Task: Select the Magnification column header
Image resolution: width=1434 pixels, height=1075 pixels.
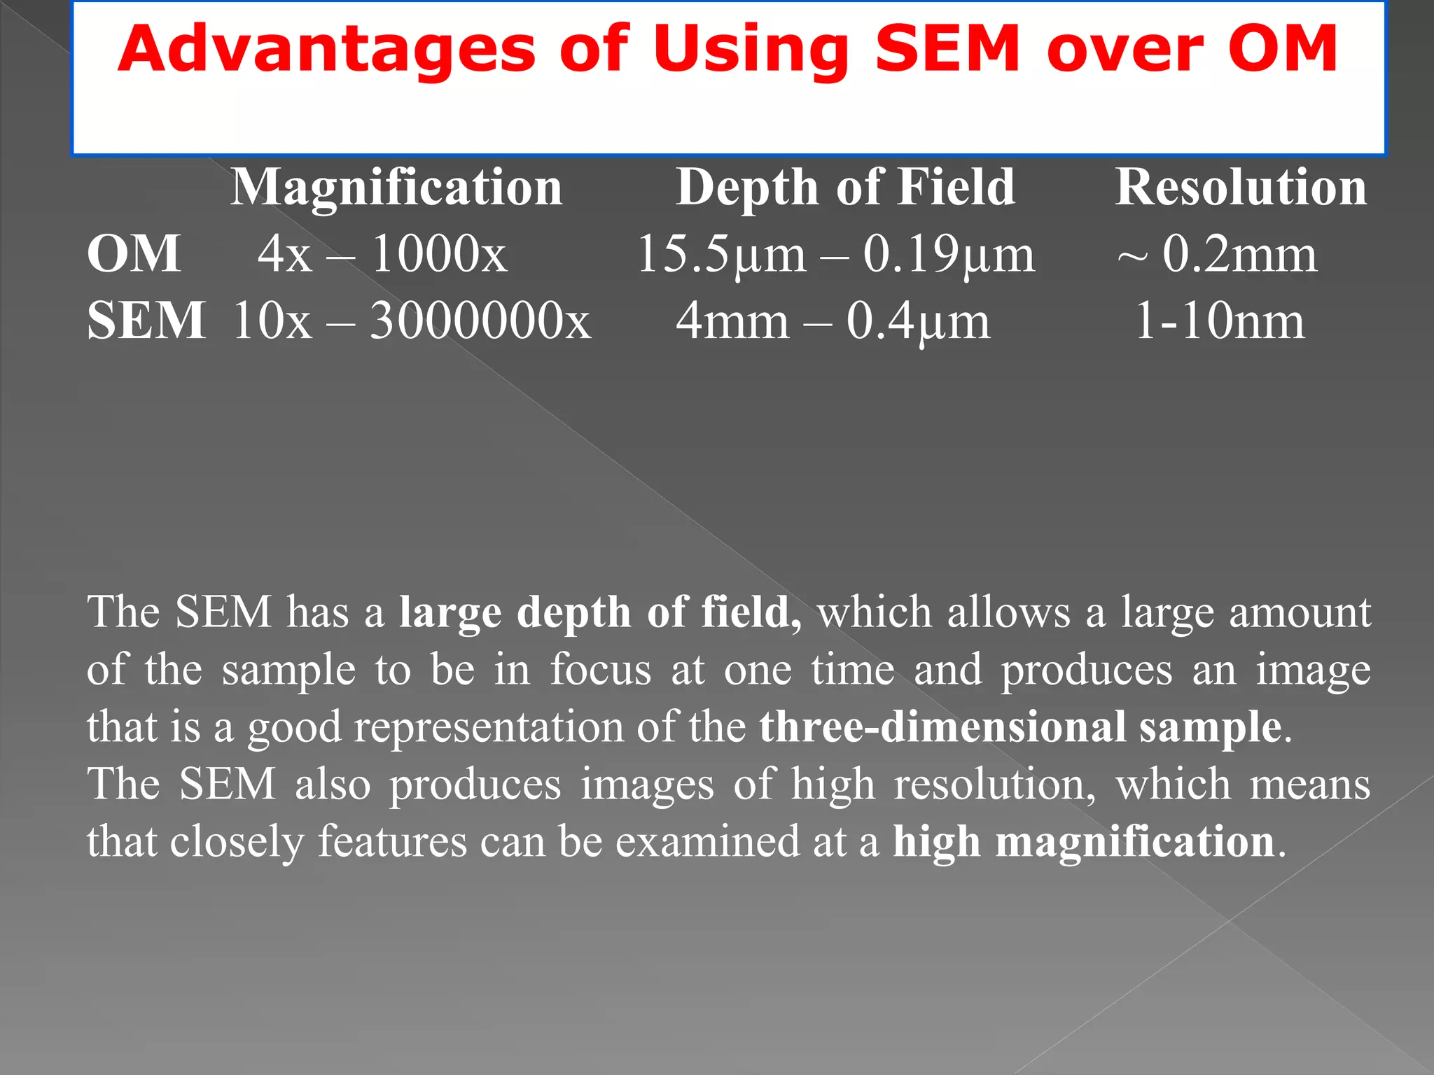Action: (x=396, y=188)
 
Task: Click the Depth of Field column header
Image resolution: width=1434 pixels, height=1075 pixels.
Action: (x=845, y=188)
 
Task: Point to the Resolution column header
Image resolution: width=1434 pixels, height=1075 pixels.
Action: (x=1241, y=188)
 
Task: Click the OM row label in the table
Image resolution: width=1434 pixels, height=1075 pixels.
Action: (x=134, y=253)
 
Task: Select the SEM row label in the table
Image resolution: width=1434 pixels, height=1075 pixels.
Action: (x=146, y=321)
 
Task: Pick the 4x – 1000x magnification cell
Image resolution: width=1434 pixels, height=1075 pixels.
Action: (x=382, y=253)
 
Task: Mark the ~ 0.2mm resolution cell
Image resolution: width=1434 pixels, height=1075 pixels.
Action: (x=1217, y=253)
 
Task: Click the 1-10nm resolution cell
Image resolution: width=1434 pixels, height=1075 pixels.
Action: (x=1220, y=321)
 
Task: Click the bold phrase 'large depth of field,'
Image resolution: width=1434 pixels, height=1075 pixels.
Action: (x=600, y=613)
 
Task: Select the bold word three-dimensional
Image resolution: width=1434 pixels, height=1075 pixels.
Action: (x=942, y=726)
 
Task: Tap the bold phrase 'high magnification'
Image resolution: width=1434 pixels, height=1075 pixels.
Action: (x=1083, y=841)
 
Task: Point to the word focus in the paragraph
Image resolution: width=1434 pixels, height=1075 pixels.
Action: (x=601, y=669)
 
